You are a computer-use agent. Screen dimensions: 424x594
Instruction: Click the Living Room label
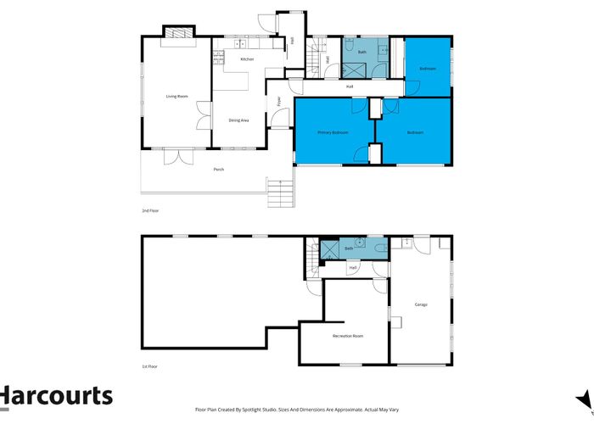click(x=176, y=98)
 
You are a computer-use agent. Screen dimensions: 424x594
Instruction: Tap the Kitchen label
click(x=247, y=59)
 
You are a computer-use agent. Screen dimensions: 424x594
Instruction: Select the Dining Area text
click(x=238, y=120)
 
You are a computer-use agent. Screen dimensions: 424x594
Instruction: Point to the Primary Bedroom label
click(x=333, y=132)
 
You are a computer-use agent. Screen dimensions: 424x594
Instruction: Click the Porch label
click(x=219, y=170)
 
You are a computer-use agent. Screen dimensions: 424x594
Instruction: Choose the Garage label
click(x=421, y=304)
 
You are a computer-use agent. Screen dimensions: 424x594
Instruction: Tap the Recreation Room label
click(x=347, y=337)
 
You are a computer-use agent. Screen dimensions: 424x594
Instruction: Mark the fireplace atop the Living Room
click(x=179, y=33)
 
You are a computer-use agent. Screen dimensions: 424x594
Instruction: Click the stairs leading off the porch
click(x=279, y=192)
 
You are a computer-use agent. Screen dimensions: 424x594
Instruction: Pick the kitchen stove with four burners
click(x=218, y=59)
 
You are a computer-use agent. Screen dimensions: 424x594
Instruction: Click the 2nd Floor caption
click(x=149, y=209)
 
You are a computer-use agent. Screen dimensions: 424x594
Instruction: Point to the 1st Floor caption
click(x=149, y=366)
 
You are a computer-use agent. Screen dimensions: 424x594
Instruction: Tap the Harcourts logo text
click(x=56, y=396)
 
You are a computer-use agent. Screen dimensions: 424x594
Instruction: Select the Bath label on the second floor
click(x=361, y=53)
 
